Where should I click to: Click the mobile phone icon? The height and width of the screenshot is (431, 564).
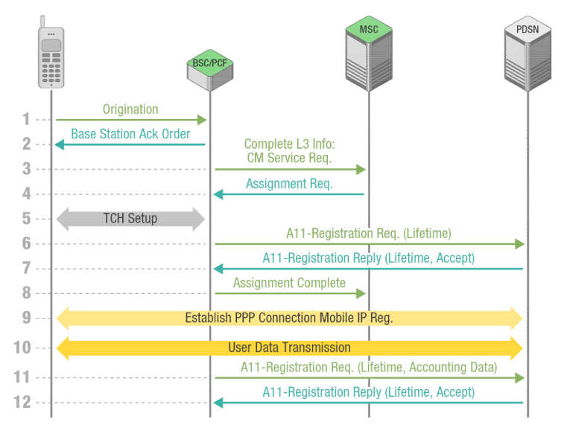coord(51,52)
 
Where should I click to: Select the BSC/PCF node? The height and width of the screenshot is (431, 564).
coord(210,70)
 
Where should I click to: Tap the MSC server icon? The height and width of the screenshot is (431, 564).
coord(369,53)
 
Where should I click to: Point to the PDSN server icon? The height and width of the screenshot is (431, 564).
coord(527,53)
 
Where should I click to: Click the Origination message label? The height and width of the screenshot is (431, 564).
coord(130,109)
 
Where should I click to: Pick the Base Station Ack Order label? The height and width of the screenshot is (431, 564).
coord(130,134)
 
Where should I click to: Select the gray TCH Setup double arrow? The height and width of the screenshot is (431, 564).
coord(130,219)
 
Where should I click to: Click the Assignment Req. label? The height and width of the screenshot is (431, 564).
coord(289,184)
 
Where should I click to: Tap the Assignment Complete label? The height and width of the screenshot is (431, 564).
coord(289,283)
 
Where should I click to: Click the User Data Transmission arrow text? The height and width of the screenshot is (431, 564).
coord(289,348)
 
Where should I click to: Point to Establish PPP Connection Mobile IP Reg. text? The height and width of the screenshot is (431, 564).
coord(289,318)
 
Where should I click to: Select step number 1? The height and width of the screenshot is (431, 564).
coord(26,119)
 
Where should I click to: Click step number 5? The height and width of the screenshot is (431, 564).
coord(26,219)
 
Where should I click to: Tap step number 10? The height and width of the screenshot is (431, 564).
coord(22,348)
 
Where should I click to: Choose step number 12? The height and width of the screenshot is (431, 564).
coord(22,402)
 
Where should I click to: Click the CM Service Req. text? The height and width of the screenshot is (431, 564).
coord(289,158)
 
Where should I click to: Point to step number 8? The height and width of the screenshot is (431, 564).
coord(26,293)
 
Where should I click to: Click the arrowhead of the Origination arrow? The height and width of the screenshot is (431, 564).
coord(202,120)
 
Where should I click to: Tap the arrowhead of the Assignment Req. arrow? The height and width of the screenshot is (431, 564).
coord(218,194)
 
